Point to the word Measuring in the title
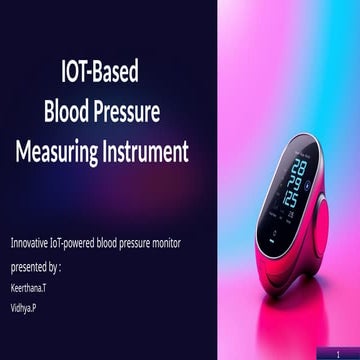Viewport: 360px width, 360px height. pyautogui.click(x=58, y=151)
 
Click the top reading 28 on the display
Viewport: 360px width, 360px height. pyautogui.click(x=298, y=172)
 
